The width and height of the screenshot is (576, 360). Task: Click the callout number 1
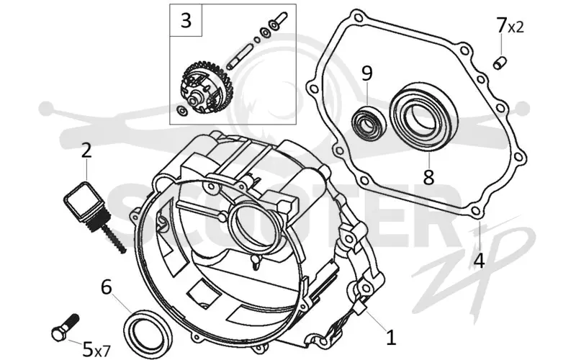pos(391,337)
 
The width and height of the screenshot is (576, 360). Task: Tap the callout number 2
pos(86,150)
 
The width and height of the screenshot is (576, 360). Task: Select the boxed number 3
pos(186,20)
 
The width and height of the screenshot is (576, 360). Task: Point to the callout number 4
pos(479,261)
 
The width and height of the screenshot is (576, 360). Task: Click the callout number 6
pos(106,287)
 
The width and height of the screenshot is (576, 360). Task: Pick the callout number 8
pos(428,177)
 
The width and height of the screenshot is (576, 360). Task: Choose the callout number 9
pos(367,73)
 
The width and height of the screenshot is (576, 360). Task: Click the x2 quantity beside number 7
pos(516,27)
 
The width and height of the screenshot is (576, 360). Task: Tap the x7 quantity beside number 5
pos(102,351)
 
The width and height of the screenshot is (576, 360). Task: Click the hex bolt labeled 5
pos(66,328)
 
